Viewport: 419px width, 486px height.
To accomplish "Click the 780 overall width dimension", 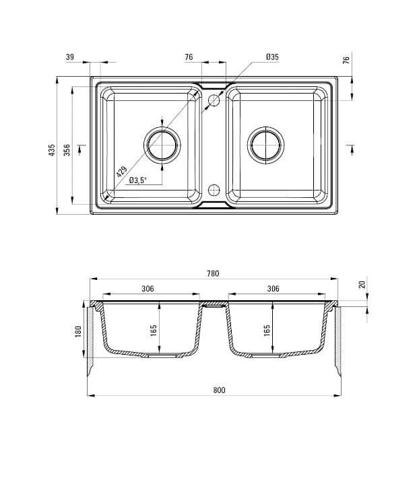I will click(x=213, y=273).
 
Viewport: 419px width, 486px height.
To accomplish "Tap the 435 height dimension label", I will click(x=52, y=150).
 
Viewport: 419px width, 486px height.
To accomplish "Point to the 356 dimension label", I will click(x=67, y=150).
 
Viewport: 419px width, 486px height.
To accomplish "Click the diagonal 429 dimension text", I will click(x=121, y=172).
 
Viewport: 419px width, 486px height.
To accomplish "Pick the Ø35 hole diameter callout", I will click(x=272, y=57).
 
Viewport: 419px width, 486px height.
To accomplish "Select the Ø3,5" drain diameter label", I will click(x=138, y=180).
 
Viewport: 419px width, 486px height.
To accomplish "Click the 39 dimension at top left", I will click(x=70, y=57).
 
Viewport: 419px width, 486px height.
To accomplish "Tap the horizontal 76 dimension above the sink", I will click(x=189, y=57).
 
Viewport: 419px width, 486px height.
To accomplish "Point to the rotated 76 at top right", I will click(x=346, y=60).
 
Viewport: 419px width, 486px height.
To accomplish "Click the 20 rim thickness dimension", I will click(x=362, y=285).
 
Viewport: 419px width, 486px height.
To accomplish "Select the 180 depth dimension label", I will click(x=78, y=332).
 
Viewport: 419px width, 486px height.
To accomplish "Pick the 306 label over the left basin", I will click(x=148, y=288).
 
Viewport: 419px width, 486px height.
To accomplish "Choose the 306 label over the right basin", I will click(x=273, y=288).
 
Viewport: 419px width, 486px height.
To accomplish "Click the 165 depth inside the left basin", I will click(x=154, y=331).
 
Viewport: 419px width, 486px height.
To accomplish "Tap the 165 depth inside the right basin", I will click(x=267, y=331).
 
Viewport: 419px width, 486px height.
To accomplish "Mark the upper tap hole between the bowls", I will click(x=214, y=101).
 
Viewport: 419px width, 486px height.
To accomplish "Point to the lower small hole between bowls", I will click(x=214, y=189).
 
